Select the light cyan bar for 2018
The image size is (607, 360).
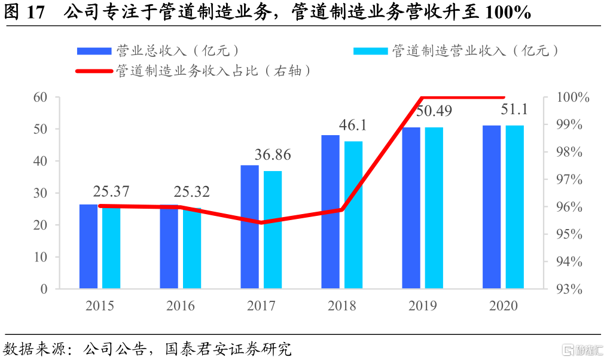pyautogui.click(x=353, y=215)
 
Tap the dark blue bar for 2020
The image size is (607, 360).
pyautogui.click(x=492, y=208)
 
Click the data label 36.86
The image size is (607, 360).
pyautogui.click(x=272, y=155)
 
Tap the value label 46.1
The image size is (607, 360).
pyautogui.click(x=352, y=125)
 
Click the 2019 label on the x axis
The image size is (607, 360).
pyautogui.click(x=422, y=306)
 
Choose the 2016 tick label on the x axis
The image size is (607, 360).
pyautogui.click(x=180, y=306)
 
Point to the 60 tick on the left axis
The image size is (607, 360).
pyautogui.click(x=40, y=97)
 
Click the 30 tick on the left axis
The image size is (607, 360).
pyautogui.click(x=40, y=193)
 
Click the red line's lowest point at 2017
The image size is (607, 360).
pyautogui.click(x=261, y=222)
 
